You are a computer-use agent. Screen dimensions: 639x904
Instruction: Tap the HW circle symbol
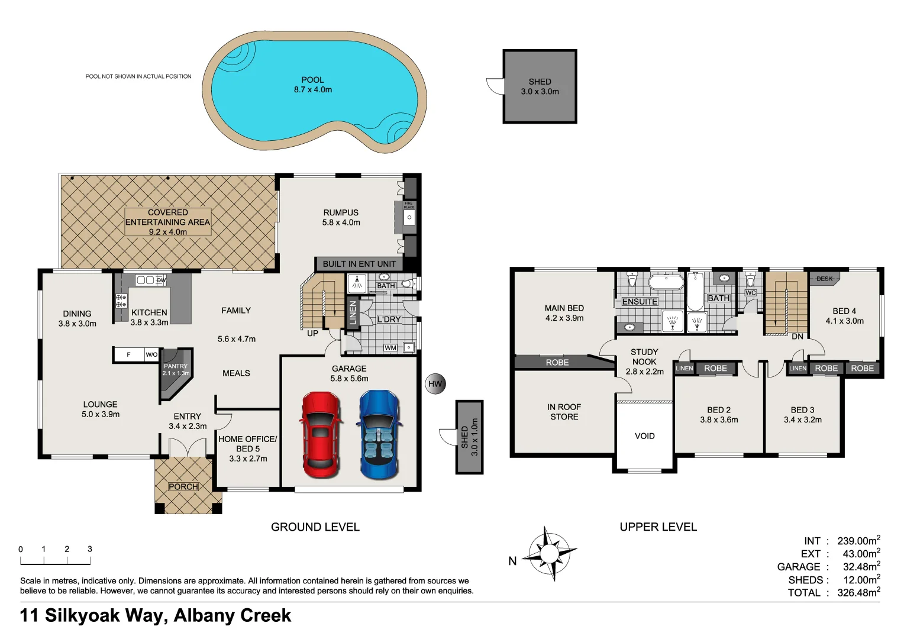tap(435, 384)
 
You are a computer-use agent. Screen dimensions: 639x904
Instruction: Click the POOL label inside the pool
tap(312, 80)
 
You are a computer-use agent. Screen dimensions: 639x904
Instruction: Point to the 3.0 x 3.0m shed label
tap(540, 87)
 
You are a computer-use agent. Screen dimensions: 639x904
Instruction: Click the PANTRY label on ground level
tap(176, 366)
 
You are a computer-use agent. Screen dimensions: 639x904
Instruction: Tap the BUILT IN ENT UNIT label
tap(359, 264)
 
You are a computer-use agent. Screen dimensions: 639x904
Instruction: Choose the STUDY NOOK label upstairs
tap(644, 357)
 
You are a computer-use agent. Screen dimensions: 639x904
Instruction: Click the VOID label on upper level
tap(644, 436)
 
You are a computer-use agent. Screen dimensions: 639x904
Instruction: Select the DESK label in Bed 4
tap(824, 279)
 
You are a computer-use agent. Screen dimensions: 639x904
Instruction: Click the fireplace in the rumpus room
tap(408, 217)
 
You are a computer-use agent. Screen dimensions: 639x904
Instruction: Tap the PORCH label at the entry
tap(183, 486)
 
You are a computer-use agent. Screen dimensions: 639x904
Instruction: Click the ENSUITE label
tap(640, 302)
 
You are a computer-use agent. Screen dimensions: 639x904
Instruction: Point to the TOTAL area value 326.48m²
tap(858, 593)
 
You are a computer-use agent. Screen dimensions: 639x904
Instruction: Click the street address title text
tap(156, 615)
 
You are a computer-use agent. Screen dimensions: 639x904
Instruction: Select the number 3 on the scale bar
tap(90, 549)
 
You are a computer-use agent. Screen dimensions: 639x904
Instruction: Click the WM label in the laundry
tap(390, 348)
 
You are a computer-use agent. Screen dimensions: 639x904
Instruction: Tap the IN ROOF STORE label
tap(564, 412)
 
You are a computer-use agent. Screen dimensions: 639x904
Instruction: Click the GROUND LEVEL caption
tap(315, 527)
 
